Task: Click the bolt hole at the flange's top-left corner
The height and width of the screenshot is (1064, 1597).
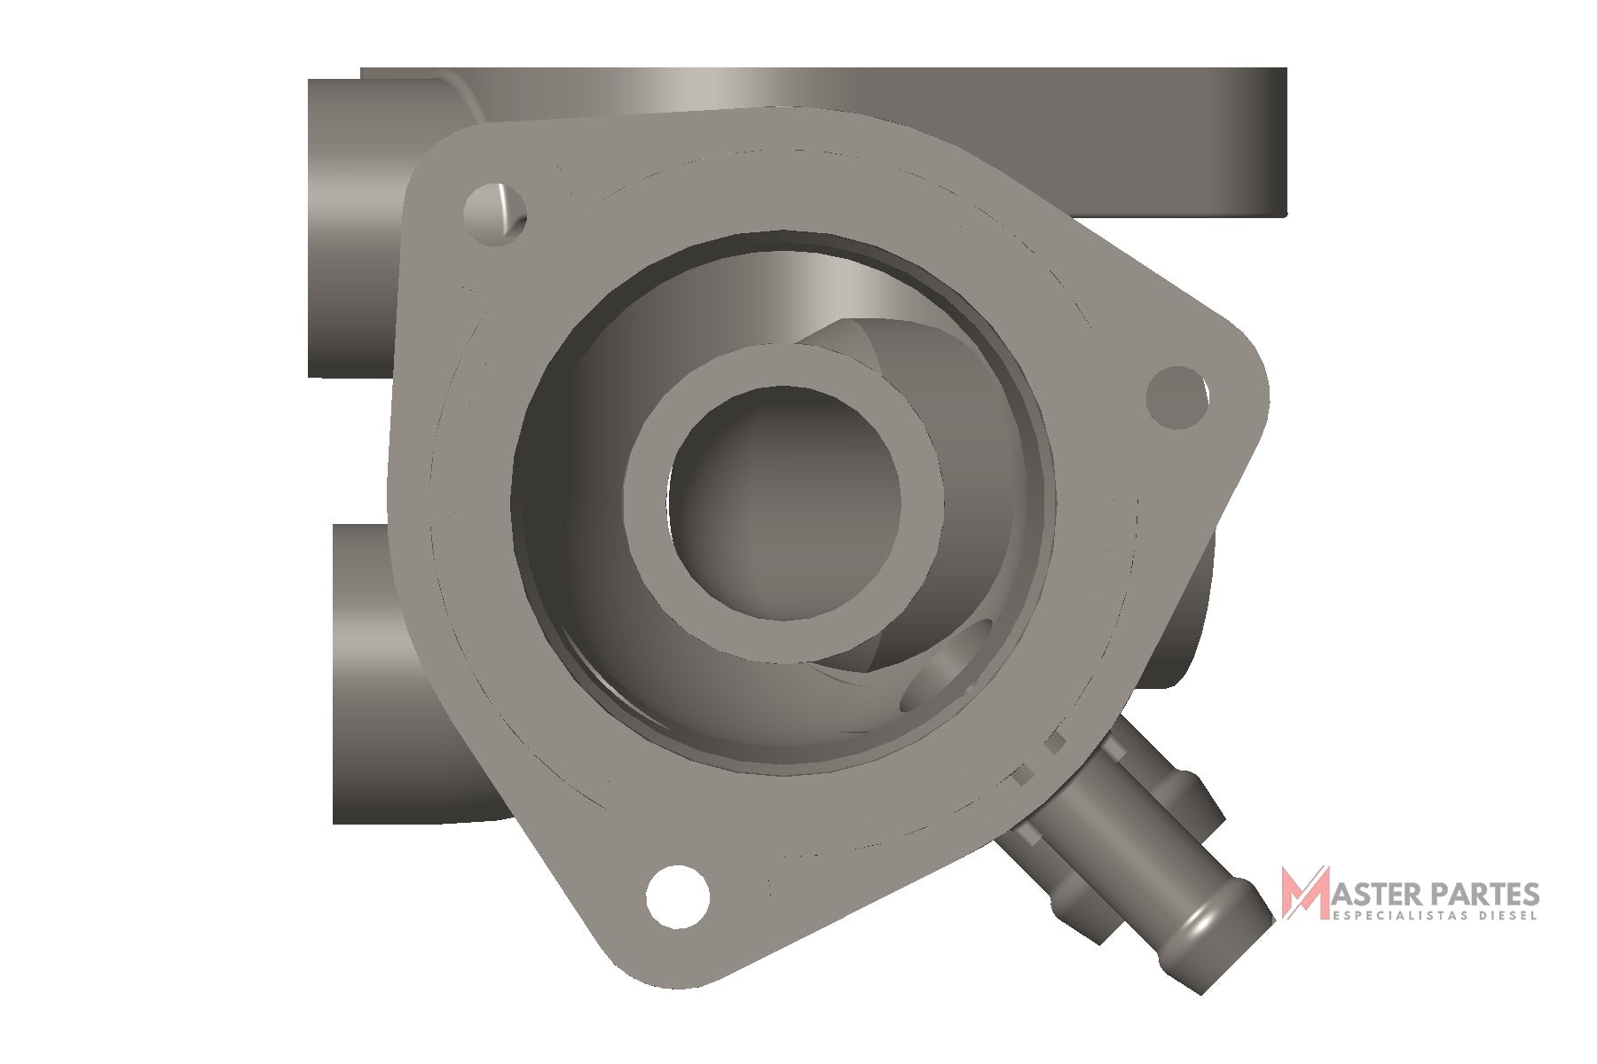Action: tap(495, 215)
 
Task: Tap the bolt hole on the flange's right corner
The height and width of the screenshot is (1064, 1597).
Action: tap(1177, 395)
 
